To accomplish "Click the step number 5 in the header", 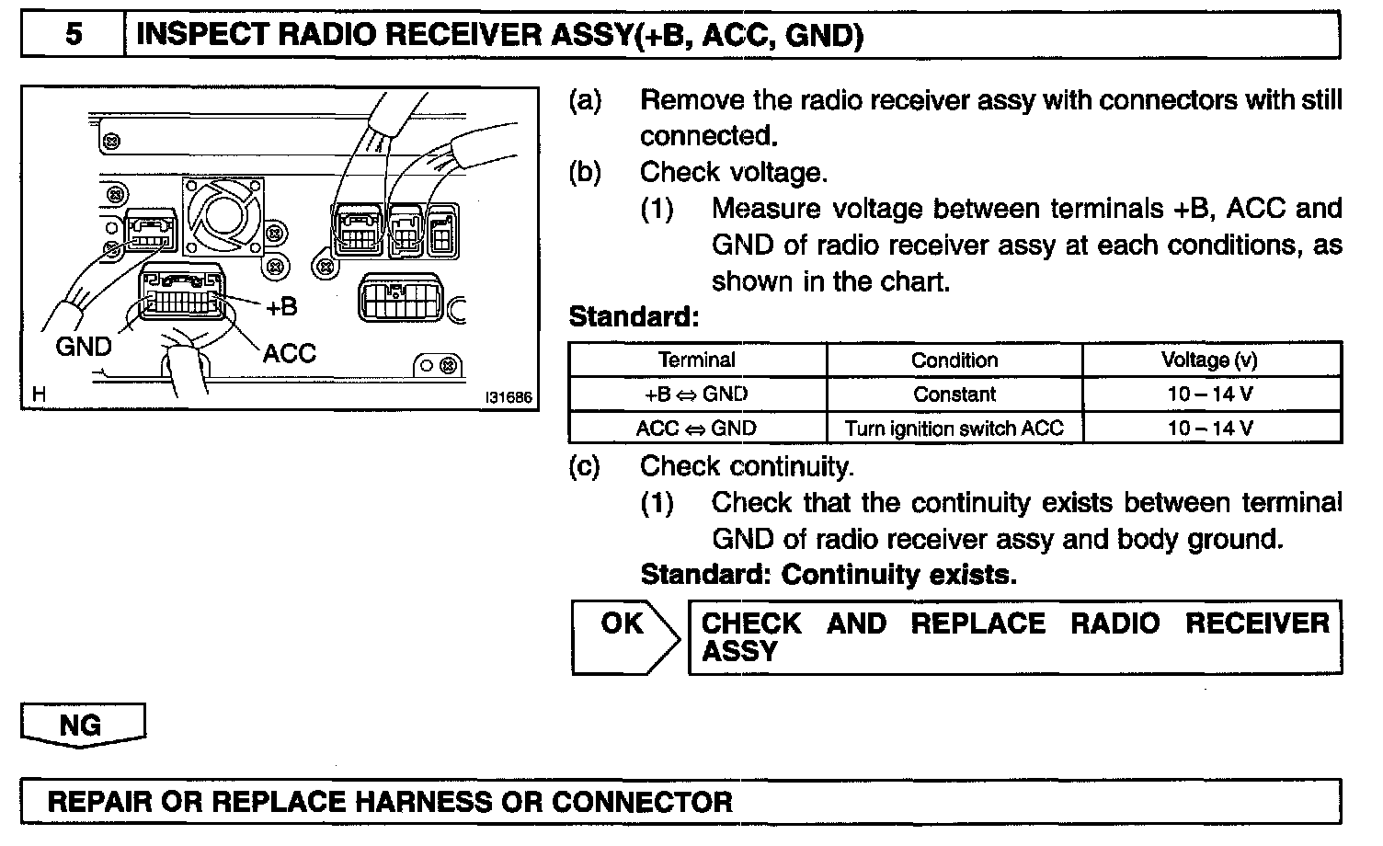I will (x=74, y=35).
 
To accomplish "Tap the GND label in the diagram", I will (x=84, y=347).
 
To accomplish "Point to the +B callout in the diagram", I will (x=281, y=307).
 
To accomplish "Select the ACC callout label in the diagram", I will (x=289, y=353).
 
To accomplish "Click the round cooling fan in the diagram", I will (x=223, y=215).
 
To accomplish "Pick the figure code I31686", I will (x=509, y=397).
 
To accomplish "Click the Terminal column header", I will (x=697, y=360).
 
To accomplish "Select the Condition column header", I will (x=954, y=360).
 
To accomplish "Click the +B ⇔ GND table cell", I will (x=697, y=394).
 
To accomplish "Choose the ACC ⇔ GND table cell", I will (x=697, y=429).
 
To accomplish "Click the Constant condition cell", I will (x=954, y=394).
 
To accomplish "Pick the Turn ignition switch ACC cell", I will (x=954, y=429).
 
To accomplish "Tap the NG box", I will (x=81, y=725).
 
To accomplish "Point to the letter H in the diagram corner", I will (x=39, y=394).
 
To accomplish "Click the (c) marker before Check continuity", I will (x=585, y=467).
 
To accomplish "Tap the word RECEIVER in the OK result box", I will (x=1256, y=623).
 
